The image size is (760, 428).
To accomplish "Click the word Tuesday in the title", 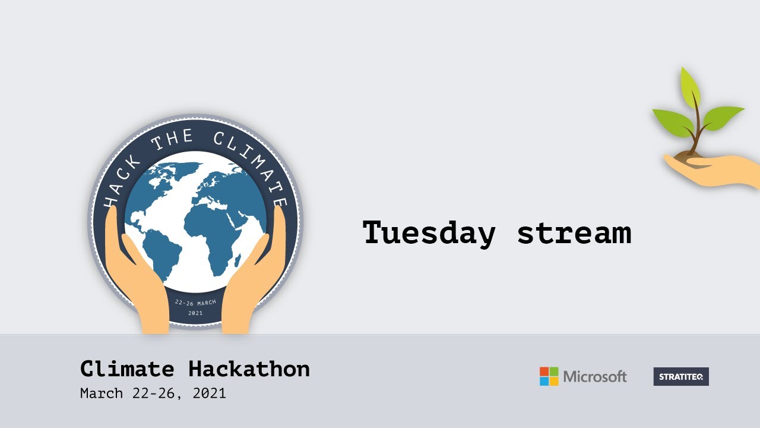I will click(x=429, y=232).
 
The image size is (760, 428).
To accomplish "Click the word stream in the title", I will click(x=574, y=232).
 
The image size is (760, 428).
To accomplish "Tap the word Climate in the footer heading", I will click(x=127, y=369).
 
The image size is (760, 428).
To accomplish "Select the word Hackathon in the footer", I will click(x=249, y=369).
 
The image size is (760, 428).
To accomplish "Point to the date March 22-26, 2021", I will click(x=153, y=394).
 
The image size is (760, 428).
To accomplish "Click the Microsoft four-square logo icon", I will click(x=549, y=376).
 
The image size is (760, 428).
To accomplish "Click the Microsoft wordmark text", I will click(x=594, y=376).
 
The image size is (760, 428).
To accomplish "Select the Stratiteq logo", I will click(x=681, y=376).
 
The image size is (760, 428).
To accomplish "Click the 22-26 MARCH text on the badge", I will click(x=195, y=303).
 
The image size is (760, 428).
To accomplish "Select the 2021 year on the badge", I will click(x=195, y=313).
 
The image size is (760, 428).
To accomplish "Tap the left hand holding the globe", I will click(x=137, y=279).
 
